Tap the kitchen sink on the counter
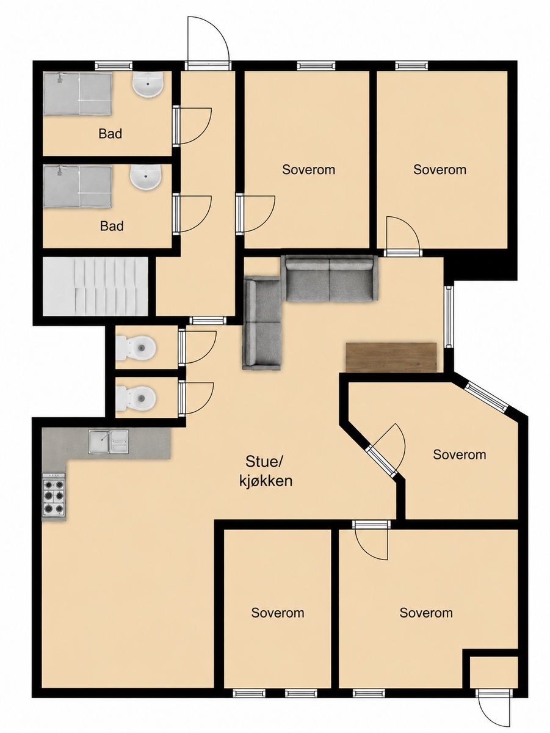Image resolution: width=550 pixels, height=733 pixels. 109,442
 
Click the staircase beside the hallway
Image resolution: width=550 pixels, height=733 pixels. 95,286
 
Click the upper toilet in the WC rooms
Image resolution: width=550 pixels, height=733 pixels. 136,348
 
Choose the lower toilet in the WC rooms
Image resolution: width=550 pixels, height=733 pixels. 136,398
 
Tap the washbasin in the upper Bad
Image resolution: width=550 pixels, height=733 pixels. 148,84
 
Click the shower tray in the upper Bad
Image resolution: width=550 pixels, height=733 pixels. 78,94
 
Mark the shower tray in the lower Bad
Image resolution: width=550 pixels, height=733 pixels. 78,186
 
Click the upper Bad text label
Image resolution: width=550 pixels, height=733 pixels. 110,134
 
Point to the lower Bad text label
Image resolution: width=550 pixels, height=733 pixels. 112,226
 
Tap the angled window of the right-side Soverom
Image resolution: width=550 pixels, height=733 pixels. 487,396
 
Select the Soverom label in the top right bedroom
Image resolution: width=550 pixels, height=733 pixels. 440,170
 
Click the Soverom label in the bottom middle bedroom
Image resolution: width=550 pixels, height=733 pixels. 278,613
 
